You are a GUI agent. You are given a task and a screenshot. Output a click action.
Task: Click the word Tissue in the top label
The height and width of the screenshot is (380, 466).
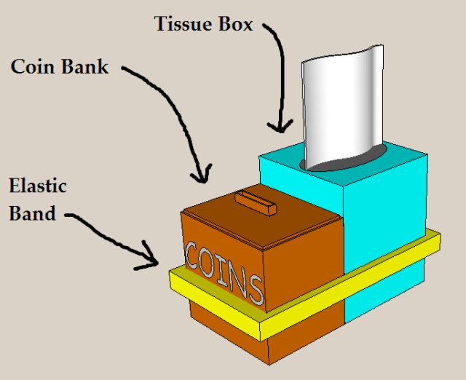click(x=183, y=24)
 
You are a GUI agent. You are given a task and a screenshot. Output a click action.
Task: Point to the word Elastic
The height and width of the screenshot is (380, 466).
click(x=38, y=186)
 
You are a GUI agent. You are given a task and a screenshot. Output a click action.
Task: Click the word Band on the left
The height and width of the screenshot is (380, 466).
click(x=32, y=213)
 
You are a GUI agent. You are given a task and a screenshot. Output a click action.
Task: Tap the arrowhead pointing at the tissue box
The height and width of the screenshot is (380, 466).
click(x=277, y=128)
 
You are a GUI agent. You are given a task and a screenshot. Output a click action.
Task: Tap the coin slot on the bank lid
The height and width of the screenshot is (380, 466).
click(x=256, y=201)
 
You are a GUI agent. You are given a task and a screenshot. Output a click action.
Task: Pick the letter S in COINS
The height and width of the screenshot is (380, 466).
click(x=255, y=289)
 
